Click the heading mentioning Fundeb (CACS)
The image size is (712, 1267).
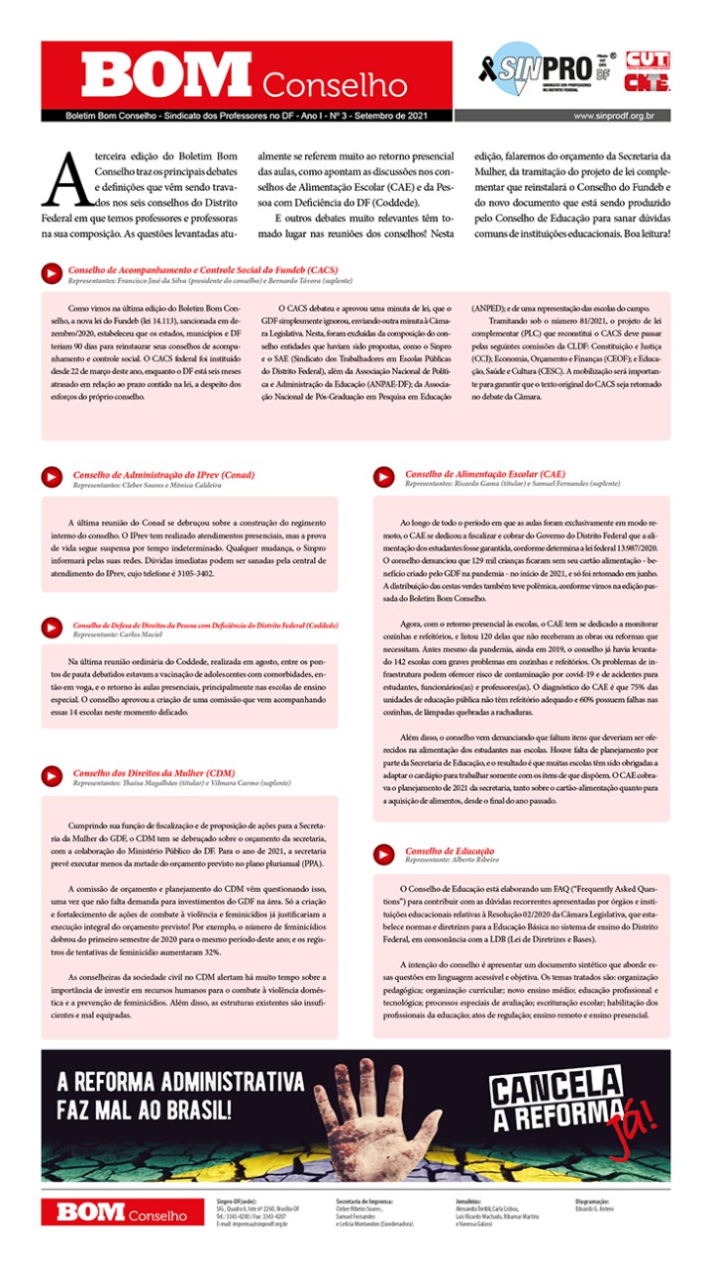[203, 269]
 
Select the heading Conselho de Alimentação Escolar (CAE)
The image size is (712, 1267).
[485, 474]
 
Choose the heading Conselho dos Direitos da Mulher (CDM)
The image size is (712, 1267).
[153, 772]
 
